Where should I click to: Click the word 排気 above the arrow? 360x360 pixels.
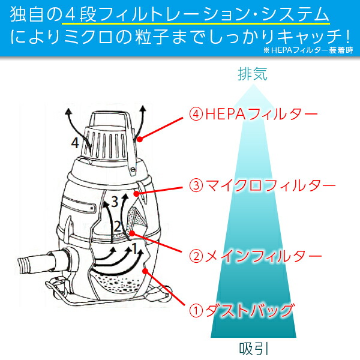pyautogui.click(x=252, y=75)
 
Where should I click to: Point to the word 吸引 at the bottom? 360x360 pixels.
pyautogui.click(x=252, y=348)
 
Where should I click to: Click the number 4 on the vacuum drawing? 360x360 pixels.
pyautogui.click(x=74, y=143)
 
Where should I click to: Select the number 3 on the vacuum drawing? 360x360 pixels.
pyautogui.click(x=114, y=202)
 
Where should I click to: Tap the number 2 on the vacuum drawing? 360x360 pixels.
pyautogui.click(x=118, y=226)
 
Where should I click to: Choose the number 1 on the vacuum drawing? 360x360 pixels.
pyautogui.click(x=135, y=246)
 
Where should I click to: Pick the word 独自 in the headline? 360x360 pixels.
pyautogui.click(x=25, y=13)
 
